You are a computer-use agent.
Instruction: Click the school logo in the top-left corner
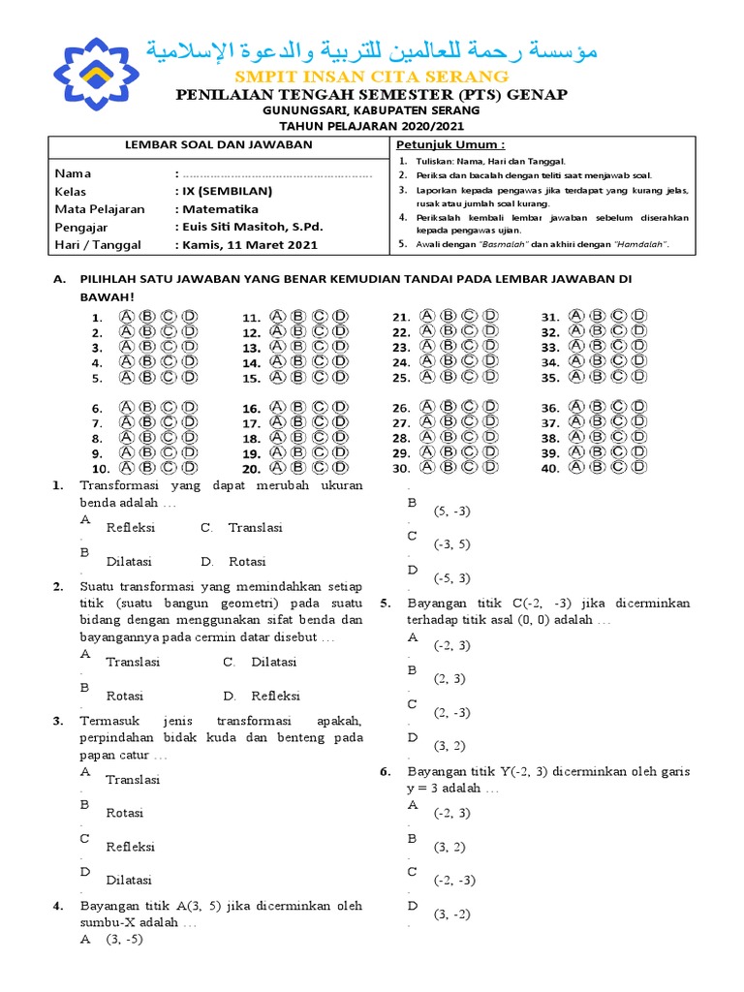96,74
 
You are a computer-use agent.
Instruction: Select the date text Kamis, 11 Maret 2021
249,245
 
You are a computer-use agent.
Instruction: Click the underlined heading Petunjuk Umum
443,144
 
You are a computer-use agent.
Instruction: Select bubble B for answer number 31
595,316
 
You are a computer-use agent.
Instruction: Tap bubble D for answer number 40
639,468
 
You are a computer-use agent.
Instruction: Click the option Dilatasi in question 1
129,561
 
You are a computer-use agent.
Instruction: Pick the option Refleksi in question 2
276,696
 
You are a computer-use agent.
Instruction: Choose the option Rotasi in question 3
125,813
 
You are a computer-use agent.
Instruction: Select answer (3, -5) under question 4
124,939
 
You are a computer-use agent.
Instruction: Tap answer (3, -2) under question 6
451,914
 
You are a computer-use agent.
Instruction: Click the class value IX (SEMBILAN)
227,191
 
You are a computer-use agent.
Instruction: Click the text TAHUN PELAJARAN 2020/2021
372,125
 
